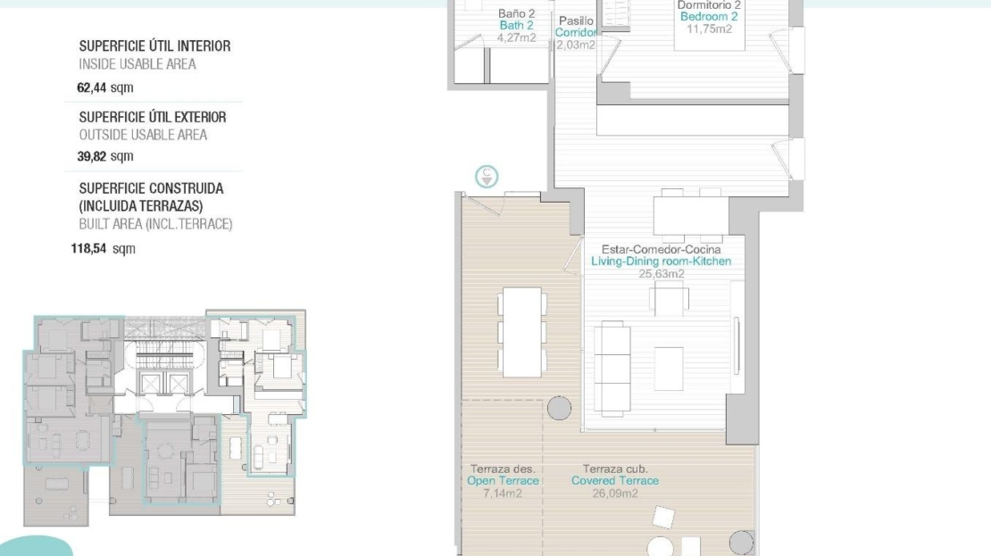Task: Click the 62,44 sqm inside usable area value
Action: pos(105,87)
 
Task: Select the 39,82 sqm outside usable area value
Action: pos(105,156)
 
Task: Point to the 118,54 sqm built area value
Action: pos(103,248)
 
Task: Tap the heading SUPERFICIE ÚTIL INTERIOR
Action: pos(154,46)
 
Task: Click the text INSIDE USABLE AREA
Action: pos(137,64)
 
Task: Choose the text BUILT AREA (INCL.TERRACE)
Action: pos(155,224)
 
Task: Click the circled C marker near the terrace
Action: pos(487,177)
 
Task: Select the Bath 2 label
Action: pos(516,25)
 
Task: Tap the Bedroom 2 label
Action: pos(709,16)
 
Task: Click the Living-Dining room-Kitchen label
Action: pos(661,261)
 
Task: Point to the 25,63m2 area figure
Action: pos(661,274)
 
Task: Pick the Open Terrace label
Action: pos(503,480)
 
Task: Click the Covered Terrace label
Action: pos(615,480)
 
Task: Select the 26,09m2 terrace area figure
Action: pos(615,493)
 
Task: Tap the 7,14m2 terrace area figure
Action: pos(503,493)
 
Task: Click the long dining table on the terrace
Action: pos(522,332)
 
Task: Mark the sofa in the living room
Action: pos(612,369)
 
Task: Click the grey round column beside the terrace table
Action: pos(559,408)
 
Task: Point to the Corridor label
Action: pos(576,32)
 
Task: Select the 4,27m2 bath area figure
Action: pos(516,37)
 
